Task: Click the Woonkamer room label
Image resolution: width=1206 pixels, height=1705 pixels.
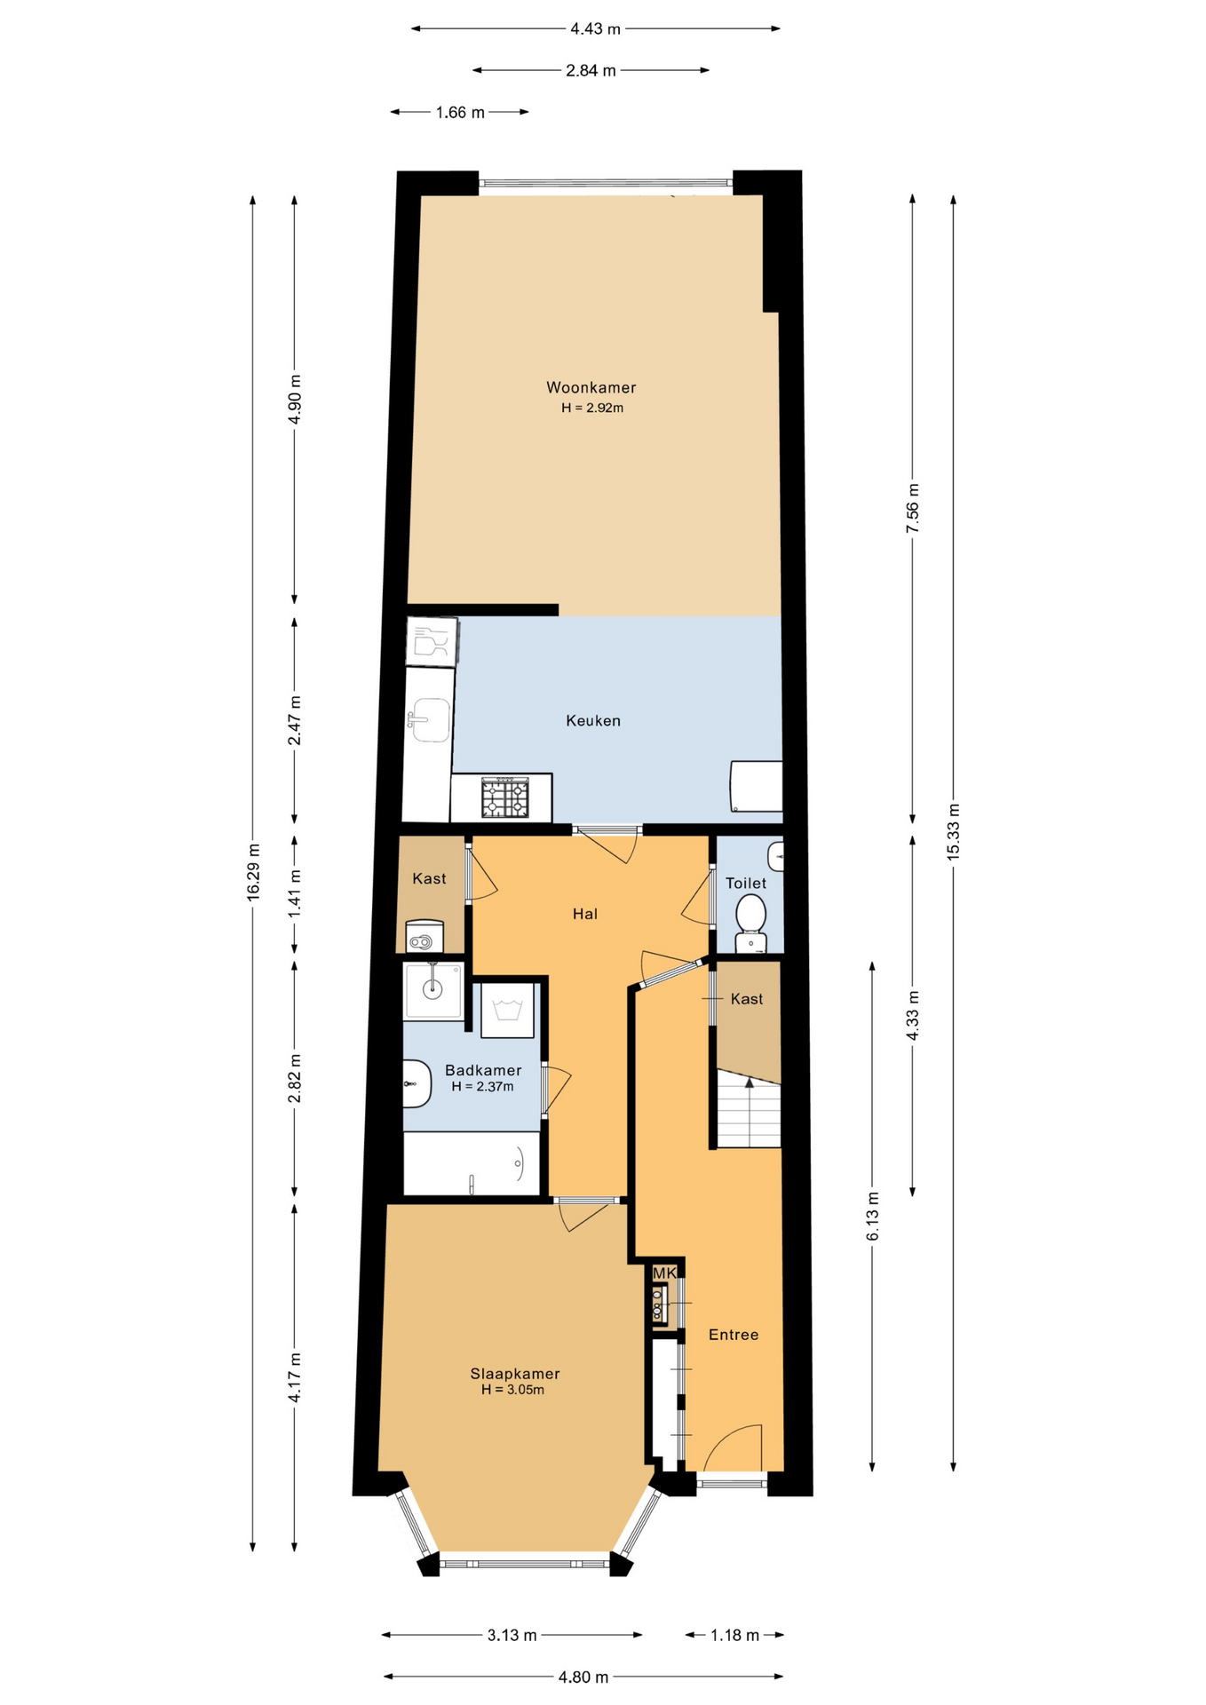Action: [591, 388]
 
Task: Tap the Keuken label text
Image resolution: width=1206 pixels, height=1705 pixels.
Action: [593, 721]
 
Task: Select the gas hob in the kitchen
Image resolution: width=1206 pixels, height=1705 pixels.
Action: [505, 797]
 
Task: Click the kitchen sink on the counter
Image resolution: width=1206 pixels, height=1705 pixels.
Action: [430, 719]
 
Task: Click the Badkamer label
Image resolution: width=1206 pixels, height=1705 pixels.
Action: [483, 1071]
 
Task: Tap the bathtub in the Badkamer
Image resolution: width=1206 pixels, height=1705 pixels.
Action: [472, 1163]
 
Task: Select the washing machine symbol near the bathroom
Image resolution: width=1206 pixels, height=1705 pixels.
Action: [508, 1010]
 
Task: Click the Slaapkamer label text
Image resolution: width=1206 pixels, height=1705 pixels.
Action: [515, 1374]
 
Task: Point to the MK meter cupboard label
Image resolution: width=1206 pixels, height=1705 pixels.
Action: [665, 1273]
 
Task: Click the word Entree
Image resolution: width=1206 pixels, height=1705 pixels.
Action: [734, 1335]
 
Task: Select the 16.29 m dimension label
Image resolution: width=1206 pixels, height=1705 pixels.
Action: [254, 870]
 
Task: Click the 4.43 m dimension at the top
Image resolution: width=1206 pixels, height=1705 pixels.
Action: [595, 28]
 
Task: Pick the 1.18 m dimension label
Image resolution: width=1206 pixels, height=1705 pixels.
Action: [734, 1635]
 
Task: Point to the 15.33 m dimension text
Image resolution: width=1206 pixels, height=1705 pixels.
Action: [954, 831]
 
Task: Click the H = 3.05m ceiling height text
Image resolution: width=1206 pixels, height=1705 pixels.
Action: [513, 1390]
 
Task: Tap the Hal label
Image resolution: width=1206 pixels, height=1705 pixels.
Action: [585, 914]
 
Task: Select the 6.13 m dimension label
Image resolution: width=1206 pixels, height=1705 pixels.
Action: [873, 1217]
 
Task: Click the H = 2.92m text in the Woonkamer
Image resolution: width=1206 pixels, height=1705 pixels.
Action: [592, 408]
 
